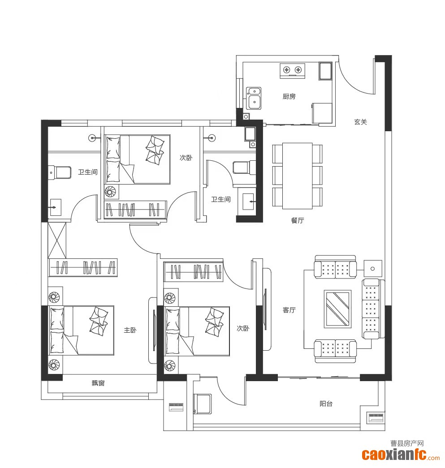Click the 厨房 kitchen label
pyautogui.click(x=289, y=96)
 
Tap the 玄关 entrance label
pyautogui.click(x=360, y=122)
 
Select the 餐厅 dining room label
pyautogui.click(x=297, y=220)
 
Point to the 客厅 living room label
pyautogui.click(x=289, y=310)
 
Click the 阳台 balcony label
pyautogui.click(x=326, y=404)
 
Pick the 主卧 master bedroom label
pyautogui.click(x=130, y=330)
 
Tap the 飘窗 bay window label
pyautogui.click(x=98, y=383)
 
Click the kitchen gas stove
pyautogui.click(x=292, y=70)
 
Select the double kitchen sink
pyautogui.click(x=254, y=98)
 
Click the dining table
pyautogui.click(x=298, y=176)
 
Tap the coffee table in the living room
pyautogui.click(x=337, y=309)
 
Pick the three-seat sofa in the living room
pyautogui.click(x=371, y=309)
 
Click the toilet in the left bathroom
pyautogui.click(x=60, y=172)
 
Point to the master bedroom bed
pyautogui.click(x=81, y=331)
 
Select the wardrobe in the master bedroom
pyautogui.click(x=83, y=267)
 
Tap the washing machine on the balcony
pyautogui.click(x=203, y=404)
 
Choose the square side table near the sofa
pyautogui.click(x=373, y=269)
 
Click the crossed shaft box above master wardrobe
pyautogui.click(x=57, y=240)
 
